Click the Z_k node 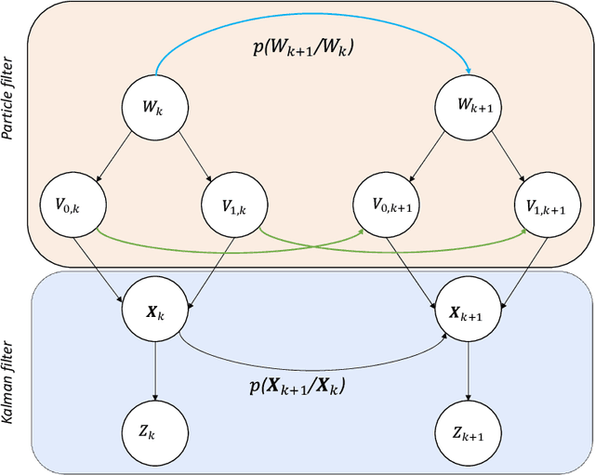pos(155,432)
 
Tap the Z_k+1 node pos(468,432)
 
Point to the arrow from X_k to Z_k pos(155,372)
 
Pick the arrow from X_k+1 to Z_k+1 pos(468,372)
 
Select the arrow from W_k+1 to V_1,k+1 pos(507,159)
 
